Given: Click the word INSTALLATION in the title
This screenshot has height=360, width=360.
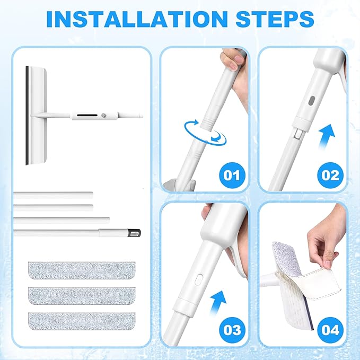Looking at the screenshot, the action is click(x=137, y=19).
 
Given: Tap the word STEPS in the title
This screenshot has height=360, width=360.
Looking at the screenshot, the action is click(x=275, y=19).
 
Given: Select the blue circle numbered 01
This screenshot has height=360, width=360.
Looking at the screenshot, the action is click(x=232, y=175).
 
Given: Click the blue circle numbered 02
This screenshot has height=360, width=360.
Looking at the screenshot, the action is click(x=330, y=175).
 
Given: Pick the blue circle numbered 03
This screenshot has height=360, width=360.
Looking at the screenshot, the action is click(x=232, y=330).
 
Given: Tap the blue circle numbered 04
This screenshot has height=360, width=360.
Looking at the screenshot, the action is click(x=330, y=330).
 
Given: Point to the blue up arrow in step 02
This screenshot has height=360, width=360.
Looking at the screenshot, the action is click(x=327, y=137).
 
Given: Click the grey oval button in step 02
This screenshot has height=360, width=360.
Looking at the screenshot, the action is click(x=312, y=101).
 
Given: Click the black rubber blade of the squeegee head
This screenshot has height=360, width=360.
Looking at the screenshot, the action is click(x=27, y=116).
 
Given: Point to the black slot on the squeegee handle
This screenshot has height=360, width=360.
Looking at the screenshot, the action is click(x=87, y=115).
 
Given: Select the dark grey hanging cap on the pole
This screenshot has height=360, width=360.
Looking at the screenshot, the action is click(x=135, y=233).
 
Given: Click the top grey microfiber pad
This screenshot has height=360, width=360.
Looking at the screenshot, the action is click(x=82, y=270).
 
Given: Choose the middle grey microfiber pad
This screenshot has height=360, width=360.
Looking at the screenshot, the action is click(x=82, y=296).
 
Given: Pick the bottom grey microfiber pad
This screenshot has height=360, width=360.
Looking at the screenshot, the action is click(x=82, y=321).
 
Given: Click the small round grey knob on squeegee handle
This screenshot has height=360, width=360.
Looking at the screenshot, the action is click(x=103, y=115).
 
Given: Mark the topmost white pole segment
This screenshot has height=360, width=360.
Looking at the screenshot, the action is click(x=53, y=195).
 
